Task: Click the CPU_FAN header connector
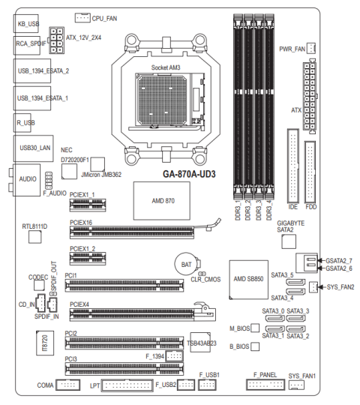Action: [82, 18]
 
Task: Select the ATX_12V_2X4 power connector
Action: [56, 40]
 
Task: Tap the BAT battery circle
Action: [187, 264]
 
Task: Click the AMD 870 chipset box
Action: [162, 201]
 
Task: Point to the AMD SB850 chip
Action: [249, 280]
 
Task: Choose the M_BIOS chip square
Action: [255, 328]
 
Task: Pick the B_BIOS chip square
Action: [255, 346]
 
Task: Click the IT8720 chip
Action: [45, 343]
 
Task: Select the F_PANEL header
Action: [265, 385]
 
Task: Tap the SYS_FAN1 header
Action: [296, 385]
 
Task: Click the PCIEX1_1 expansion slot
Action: [88, 205]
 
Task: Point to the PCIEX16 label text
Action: [81, 223]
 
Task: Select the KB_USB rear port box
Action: [26, 23]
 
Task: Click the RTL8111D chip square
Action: [34, 237]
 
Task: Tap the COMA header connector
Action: [68, 385]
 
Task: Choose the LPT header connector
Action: [127, 385]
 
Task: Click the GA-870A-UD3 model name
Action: [189, 174]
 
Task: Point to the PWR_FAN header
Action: [311, 48]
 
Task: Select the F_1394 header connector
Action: [174, 356]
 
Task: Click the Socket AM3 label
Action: [166, 67]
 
